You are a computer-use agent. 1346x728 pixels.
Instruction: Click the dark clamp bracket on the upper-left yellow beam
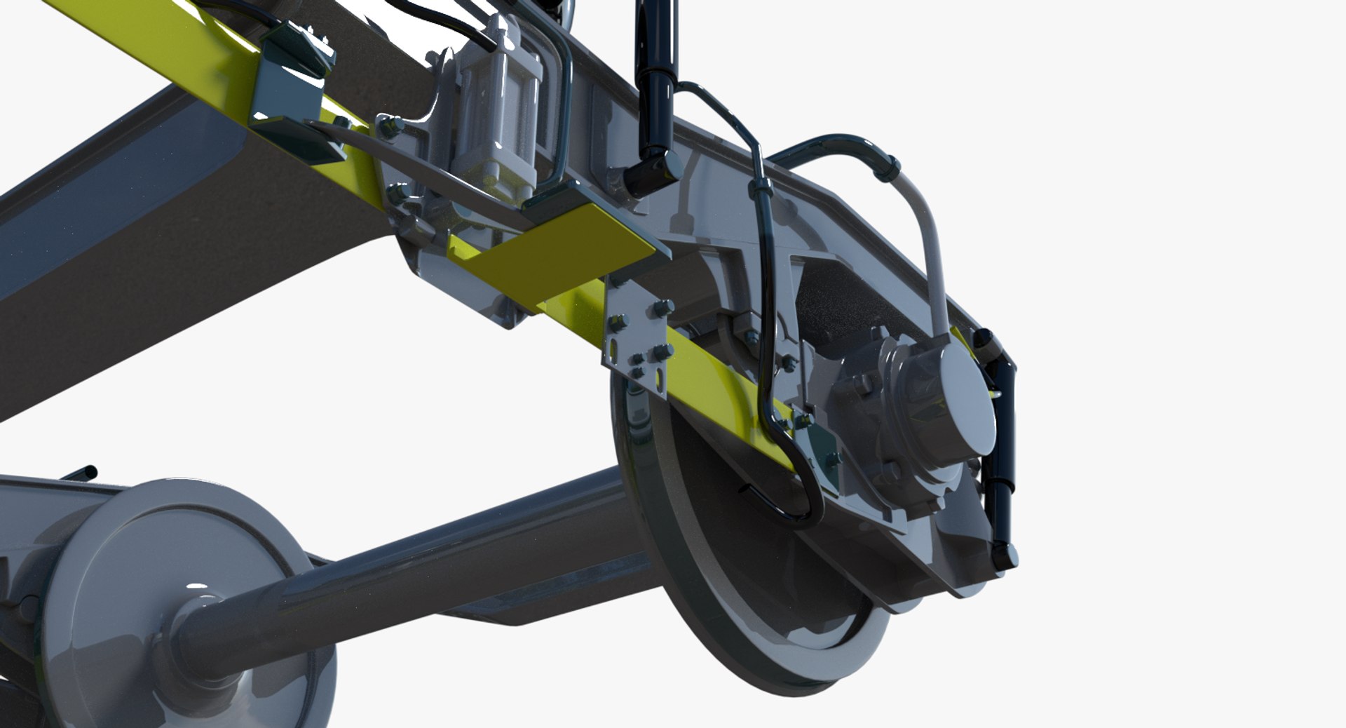291,91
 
